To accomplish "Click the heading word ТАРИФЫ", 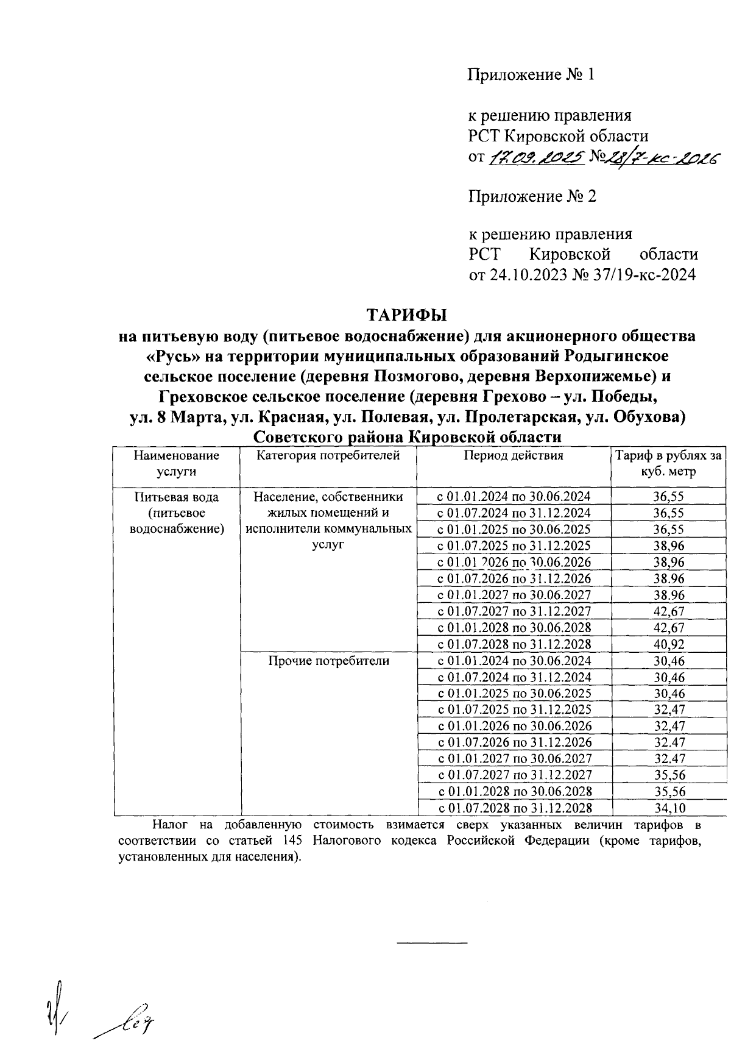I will (x=406, y=315).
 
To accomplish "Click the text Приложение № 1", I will (x=530, y=75).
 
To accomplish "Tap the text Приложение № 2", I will (x=532, y=196).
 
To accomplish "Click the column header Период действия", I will (x=513, y=455).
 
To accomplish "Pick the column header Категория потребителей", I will (x=328, y=455).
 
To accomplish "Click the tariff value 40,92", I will (x=668, y=644).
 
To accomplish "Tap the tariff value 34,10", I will (x=668, y=808).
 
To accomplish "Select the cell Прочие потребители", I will (x=328, y=661).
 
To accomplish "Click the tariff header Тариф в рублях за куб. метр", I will (x=668, y=463).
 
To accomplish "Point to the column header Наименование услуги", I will (x=177, y=463).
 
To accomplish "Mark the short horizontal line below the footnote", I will (x=431, y=944).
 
